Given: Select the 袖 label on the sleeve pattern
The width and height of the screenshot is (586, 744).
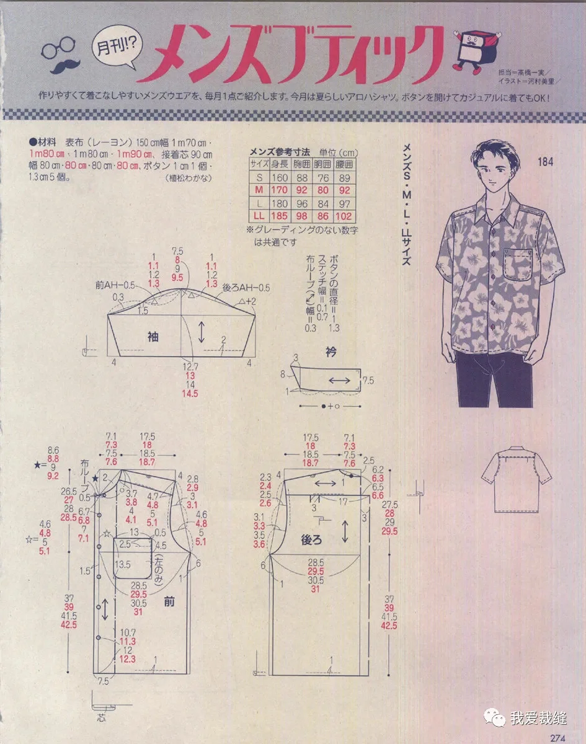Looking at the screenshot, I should pyautogui.click(x=153, y=337).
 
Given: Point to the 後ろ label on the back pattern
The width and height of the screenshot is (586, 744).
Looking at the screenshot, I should pyautogui.click(x=311, y=539).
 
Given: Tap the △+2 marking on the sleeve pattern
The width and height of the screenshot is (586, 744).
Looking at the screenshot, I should pyautogui.click(x=247, y=301).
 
